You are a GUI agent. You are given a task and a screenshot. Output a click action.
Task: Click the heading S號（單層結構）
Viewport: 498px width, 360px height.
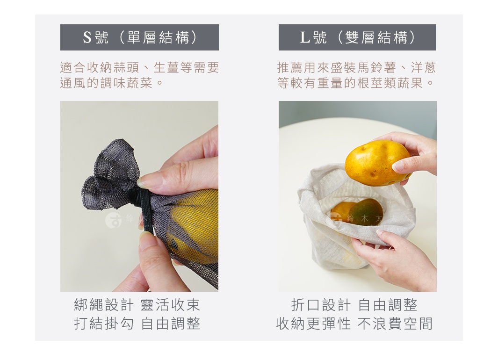[x=139, y=37]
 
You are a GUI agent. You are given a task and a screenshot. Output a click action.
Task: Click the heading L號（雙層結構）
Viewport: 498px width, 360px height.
[x=357, y=37]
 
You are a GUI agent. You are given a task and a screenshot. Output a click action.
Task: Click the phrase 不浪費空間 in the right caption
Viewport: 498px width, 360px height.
[x=395, y=324]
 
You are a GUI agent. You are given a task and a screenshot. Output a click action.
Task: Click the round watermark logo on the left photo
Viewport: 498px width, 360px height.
[x=113, y=220]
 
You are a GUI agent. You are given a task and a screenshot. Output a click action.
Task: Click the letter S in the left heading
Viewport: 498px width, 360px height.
[x=87, y=37]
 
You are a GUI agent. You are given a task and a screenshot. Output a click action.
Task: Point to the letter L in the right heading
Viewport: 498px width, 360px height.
[x=305, y=37]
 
